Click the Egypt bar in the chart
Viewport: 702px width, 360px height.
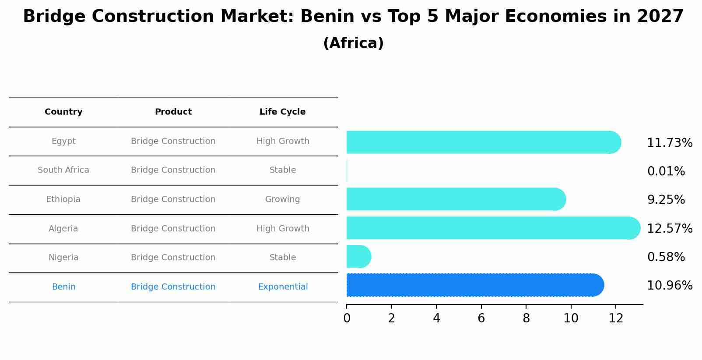click(x=481, y=142)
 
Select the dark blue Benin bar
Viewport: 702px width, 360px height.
click(x=473, y=285)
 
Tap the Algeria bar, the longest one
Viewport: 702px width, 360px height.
click(x=490, y=228)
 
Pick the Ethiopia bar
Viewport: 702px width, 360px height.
click(x=455, y=199)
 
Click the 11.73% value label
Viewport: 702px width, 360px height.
click(x=669, y=143)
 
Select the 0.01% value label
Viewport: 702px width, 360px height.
click(x=666, y=171)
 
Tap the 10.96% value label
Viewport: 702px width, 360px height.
click(x=669, y=286)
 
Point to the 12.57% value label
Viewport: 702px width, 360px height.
click(x=669, y=229)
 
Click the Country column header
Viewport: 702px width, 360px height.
click(x=63, y=112)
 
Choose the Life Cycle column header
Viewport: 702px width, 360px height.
click(x=282, y=112)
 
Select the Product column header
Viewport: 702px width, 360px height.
click(x=173, y=112)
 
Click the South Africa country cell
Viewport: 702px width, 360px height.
click(x=63, y=170)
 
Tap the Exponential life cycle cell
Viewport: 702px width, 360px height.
click(x=283, y=287)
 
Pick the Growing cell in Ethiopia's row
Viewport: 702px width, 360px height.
click(x=282, y=199)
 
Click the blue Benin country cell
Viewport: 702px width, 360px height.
click(x=63, y=287)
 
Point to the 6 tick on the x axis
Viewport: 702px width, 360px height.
click(x=481, y=318)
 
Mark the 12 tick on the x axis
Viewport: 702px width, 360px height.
click(x=616, y=318)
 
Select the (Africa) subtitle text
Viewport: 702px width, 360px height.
click(x=353, y=43)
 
